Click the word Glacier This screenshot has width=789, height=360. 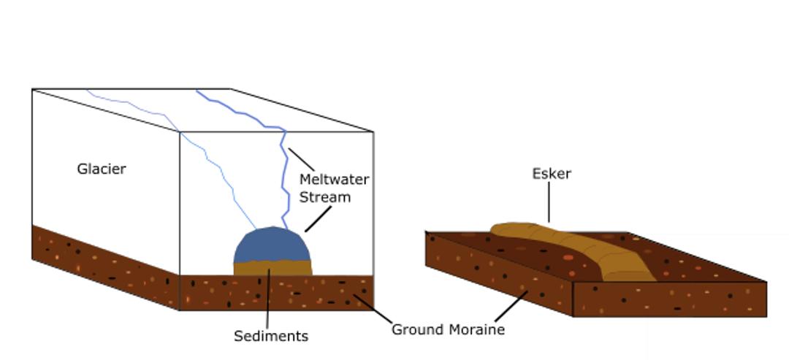(102, 169)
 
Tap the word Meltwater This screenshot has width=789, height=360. (334, 179)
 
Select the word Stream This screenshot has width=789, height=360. (325, 197)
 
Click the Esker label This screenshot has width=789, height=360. (551, 174)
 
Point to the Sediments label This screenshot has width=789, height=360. (270, 336)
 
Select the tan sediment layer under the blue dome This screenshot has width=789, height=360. (272, 268)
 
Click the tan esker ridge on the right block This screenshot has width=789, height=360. (584, 248)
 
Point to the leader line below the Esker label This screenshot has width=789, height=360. (549, 204)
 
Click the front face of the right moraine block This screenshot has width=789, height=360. (668, 299)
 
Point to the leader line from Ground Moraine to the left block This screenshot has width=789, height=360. (373, 310)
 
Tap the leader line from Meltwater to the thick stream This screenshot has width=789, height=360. (301, 160)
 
